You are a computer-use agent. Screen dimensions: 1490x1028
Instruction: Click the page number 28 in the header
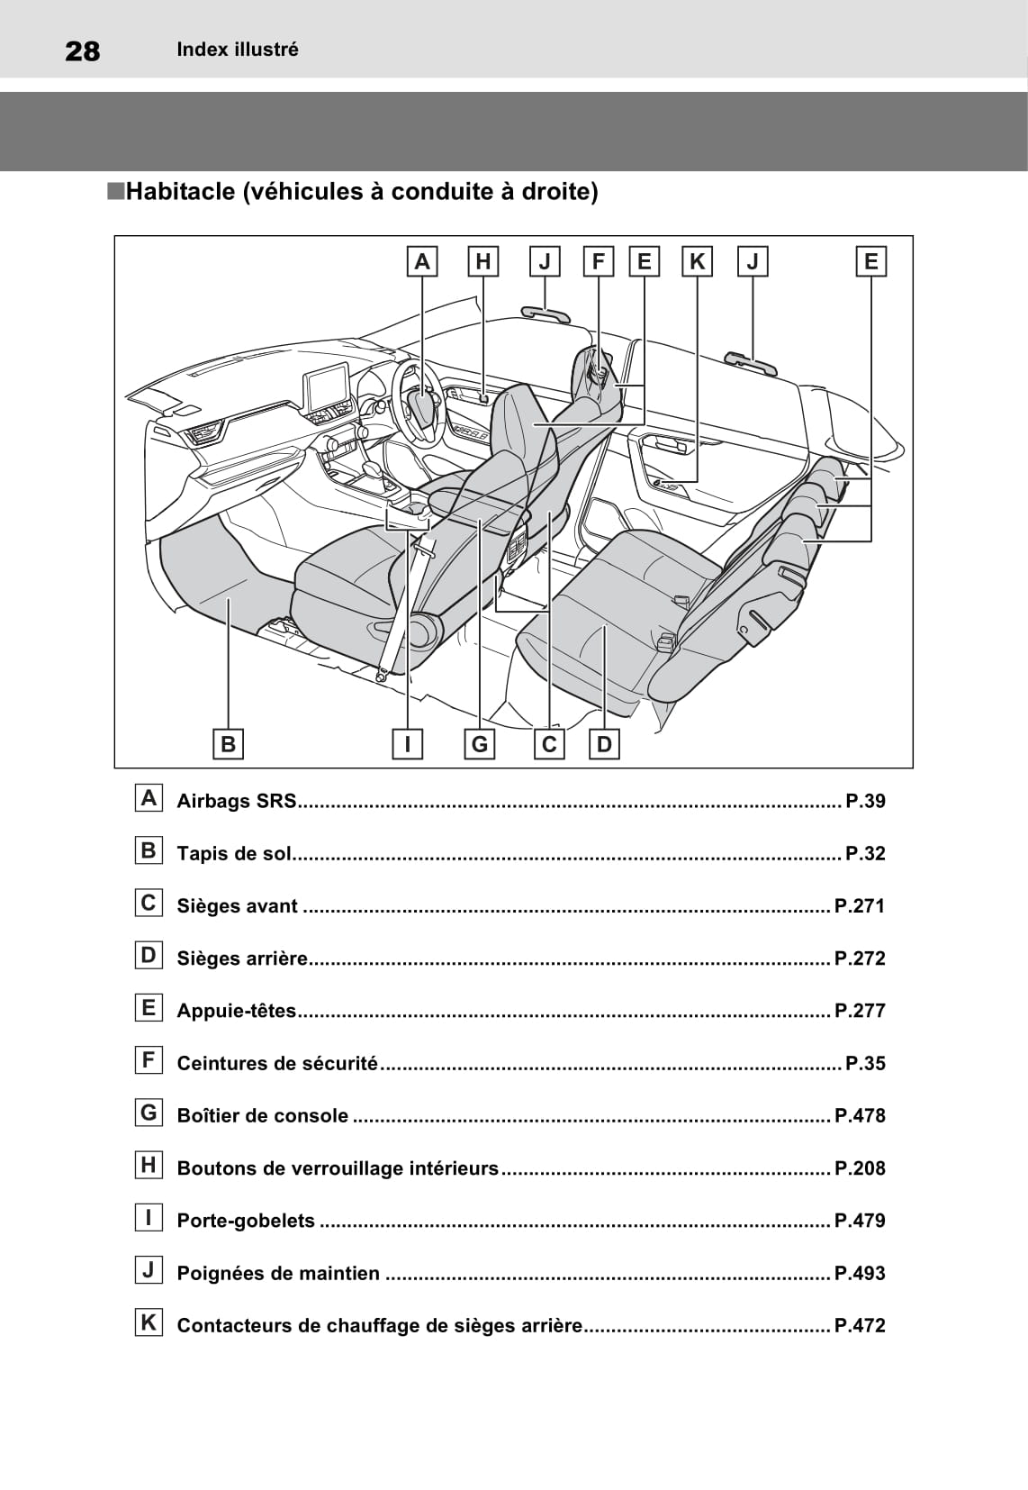click(83, 51)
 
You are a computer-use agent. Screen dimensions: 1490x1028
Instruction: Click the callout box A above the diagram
click(421, 262)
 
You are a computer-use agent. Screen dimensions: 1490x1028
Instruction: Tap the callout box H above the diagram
click(483, 262)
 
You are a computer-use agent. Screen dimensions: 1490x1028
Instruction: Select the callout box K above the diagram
click(697, 262)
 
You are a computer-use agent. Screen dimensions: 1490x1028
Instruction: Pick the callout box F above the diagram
click(598, 262)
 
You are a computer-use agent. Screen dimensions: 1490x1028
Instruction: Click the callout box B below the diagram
click(228, 744)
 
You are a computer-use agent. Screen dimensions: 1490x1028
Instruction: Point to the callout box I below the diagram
click(408, 744)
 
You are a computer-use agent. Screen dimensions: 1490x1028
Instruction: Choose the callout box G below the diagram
click(480, 744)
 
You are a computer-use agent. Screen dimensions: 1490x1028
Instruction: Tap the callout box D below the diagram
click(604, 744)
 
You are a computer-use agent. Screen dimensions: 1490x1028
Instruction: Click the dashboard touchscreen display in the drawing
click(328, 386)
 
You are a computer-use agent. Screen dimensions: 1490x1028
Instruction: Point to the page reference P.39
click(865, 801)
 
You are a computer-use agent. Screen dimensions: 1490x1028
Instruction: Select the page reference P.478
click(860, 1115)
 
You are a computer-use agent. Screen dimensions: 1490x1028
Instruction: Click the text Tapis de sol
click(234, 853)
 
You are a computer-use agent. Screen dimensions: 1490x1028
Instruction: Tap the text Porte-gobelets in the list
click(246, 1221)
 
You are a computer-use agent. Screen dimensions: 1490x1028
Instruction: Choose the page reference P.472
click(860, 1325)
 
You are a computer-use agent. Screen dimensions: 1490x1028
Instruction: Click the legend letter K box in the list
click(149, 1322)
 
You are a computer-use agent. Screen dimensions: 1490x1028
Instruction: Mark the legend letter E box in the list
click(149, 1007)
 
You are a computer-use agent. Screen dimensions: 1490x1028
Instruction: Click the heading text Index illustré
click(238, 50)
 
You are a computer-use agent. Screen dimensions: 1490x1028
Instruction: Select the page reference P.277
click(860, 1011)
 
